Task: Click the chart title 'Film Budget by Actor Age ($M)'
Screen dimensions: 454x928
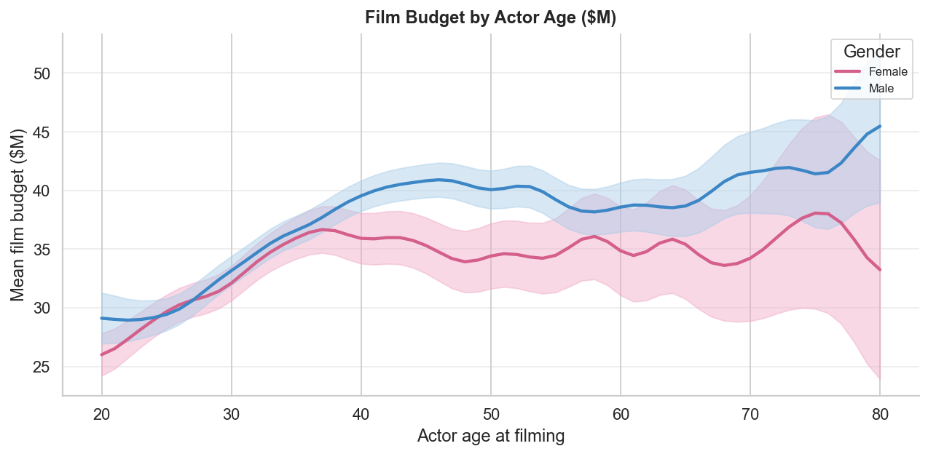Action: [490, 17]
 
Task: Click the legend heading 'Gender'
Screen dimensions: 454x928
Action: [871, 52]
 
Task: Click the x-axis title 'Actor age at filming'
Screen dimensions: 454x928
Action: [491, 436]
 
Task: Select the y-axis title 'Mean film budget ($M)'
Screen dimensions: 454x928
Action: [18, 215]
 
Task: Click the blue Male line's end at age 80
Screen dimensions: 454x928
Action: [880, 127]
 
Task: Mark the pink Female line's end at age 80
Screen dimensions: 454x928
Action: [880, 269]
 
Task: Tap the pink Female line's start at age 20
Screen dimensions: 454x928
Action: [102, 354]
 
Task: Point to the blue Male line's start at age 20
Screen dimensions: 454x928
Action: [102, 318]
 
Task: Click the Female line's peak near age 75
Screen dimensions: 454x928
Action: [816, 212]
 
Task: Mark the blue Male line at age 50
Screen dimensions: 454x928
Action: [491, 190]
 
